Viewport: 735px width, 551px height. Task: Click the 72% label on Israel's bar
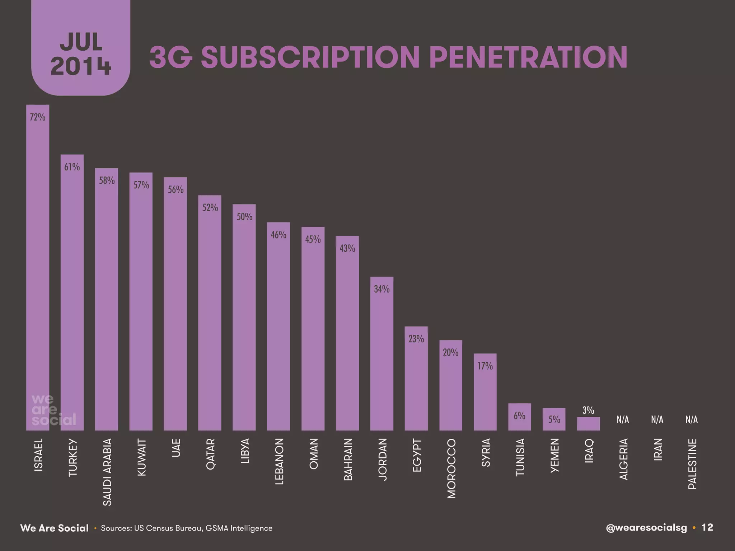pos(37,117)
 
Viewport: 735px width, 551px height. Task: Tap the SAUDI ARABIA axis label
pos(107,472)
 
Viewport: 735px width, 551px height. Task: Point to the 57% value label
pos(141,185)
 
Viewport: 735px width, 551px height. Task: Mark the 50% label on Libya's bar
pos(244,217)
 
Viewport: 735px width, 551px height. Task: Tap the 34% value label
pos(381,289)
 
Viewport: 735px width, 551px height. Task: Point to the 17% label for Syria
pos(485,366)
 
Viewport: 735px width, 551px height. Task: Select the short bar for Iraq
pos(588,424)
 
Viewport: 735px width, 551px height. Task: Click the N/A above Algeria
pos(623,420)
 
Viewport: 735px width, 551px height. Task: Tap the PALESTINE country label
pos(692,464)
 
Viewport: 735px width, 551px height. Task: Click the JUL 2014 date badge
pos(81,54)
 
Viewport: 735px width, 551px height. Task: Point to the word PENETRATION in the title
pos(528,57)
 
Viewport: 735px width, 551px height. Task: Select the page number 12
pos(707,527)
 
